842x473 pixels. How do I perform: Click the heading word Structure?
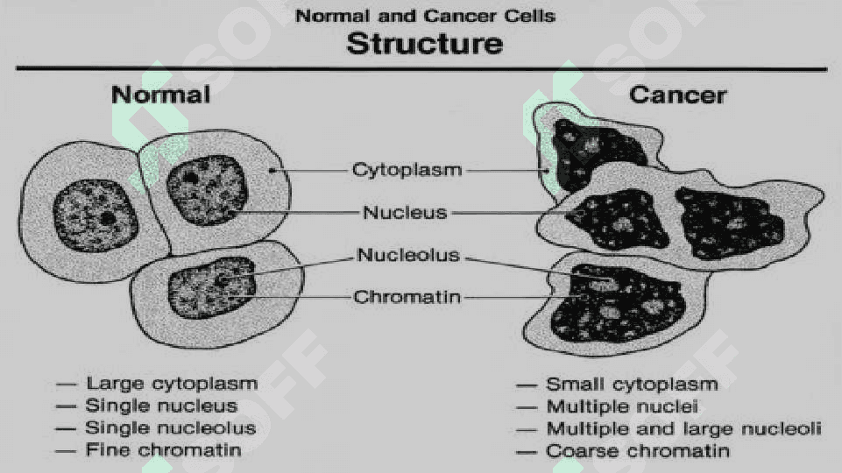[x=425, y=44]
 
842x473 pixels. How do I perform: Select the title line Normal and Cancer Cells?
[x=425, y=16]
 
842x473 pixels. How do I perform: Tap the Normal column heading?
[x=160, y=95]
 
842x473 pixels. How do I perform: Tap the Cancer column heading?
[x=677, y=95]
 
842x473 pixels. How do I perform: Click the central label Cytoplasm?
[x=407, y=170]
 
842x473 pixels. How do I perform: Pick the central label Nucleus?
[x=405, y=212]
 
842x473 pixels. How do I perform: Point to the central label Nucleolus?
[x=408, y=255]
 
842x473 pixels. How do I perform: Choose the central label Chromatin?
[x=407, y=297]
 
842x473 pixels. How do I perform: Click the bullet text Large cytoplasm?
[x=172, y=384]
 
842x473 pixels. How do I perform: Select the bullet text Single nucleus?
[x=161, y=406]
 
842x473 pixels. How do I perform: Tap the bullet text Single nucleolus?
[x=171, y=427]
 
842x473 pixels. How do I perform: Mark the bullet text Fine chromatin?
[x=163, y=449]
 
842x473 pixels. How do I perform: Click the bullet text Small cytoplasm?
[x=632, y=385]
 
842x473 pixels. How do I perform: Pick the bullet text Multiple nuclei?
[x=622, y=406]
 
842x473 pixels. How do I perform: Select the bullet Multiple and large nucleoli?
[x=683, y=428]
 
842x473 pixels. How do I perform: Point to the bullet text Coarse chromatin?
[x=638, y=450]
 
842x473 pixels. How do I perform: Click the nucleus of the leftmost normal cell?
[x=95, y=215]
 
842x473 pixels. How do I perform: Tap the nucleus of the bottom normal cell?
[x=212, y=288]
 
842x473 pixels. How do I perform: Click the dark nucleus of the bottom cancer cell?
[x=618, y=304]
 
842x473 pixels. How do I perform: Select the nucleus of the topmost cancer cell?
[x=593, y=153]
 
